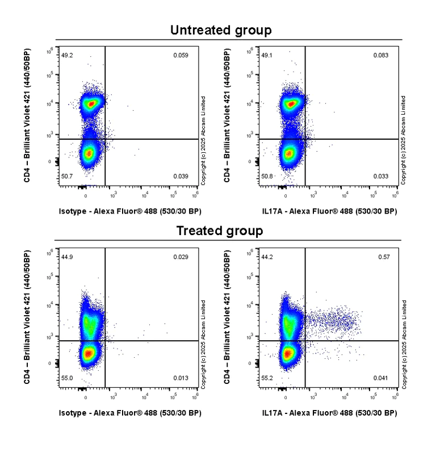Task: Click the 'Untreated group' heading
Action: (221, 30)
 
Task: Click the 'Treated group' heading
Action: (219, 231)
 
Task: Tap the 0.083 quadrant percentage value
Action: (380, 55)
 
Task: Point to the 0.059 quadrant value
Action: (181, 55)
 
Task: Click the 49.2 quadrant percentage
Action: (67, 55)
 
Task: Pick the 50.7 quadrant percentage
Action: (67, 177)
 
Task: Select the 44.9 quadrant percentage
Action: (67, 257)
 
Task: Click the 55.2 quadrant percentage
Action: (267, 378)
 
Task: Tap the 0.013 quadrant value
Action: (181, 378)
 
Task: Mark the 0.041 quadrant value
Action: (380, 378)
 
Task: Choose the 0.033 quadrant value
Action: (380, 177)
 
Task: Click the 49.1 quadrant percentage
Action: (267, 55)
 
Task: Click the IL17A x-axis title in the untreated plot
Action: (329, 211)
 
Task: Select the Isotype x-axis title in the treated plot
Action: (130, 413)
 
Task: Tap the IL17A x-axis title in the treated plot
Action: (329, 413)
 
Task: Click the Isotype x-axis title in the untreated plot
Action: (130, 211)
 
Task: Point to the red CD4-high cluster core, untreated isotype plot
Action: (90, 104)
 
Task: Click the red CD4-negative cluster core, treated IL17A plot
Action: (288, 354)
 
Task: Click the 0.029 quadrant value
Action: (181, 257)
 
